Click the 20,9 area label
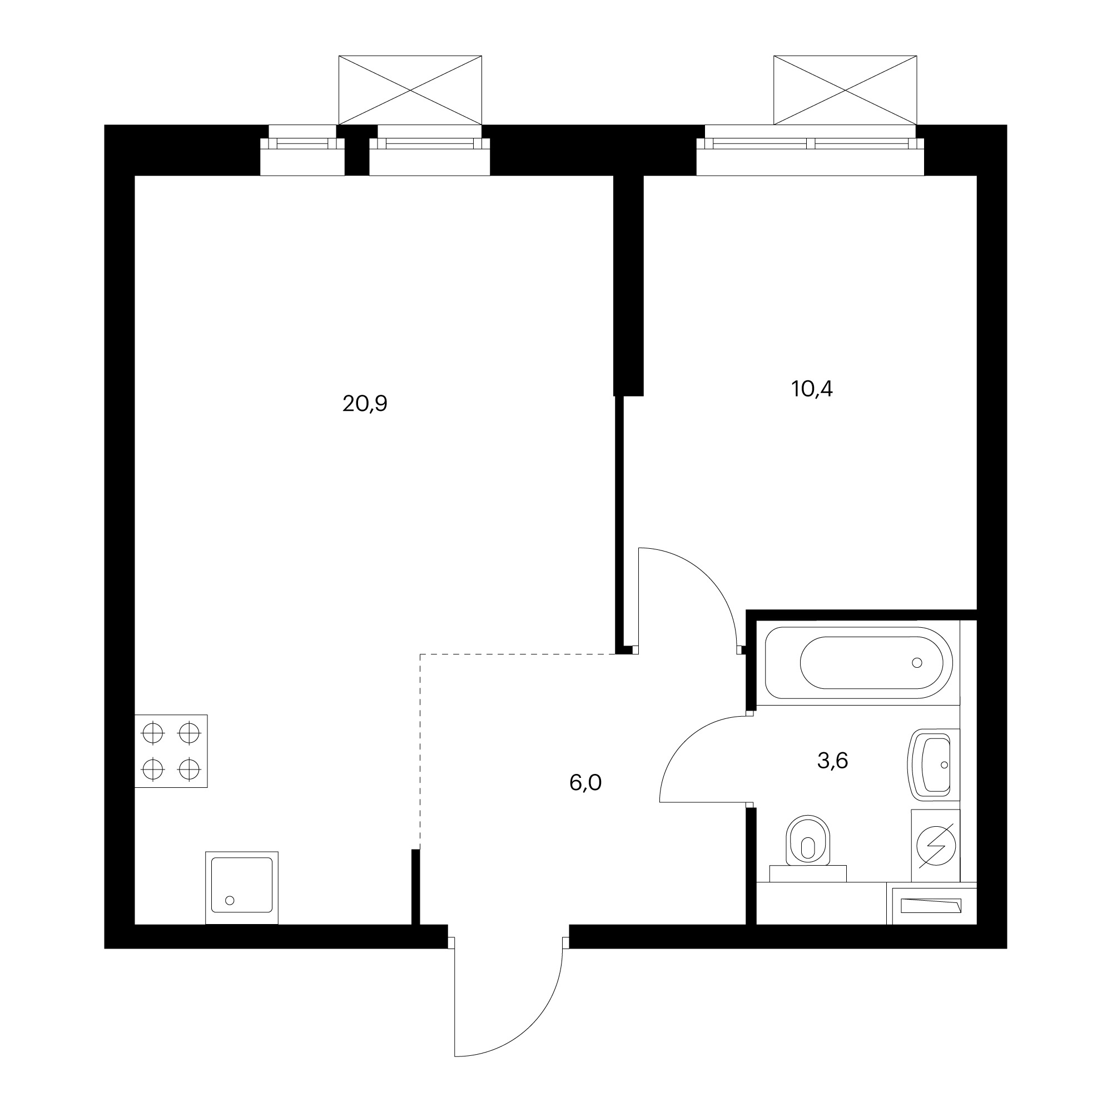click(x=365, y=404)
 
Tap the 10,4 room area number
click(x=812, y=390)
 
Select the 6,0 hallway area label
click(x=585, y=783)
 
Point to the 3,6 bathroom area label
click(x=832, y=761)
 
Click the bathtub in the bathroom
click(x=859, y=663)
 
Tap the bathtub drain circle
click(x=917, y=663)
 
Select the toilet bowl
click(x=808, y=841)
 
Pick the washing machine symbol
click(x=936, y=846)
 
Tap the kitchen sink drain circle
click(x=230, y=900)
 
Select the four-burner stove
click(x=171, y=751)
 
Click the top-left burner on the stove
click(x=153, y=733)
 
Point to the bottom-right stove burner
click(x=189, y=768)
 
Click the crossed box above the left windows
click(x=410, y=90)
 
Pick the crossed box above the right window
click(x=845, y=90)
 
